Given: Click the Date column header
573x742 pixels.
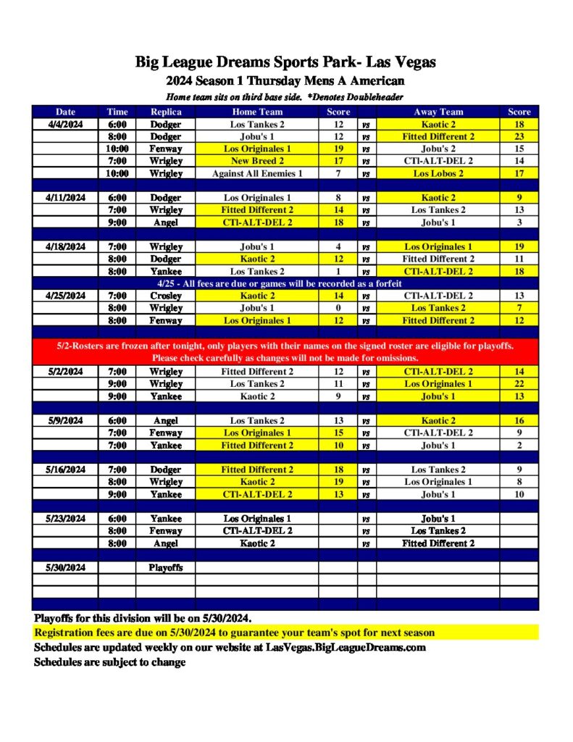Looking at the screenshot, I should point(65,112).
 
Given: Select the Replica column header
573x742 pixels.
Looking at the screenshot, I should point(166,112).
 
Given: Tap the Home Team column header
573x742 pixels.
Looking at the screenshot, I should point(257,112).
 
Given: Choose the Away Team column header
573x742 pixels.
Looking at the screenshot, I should point(438,112).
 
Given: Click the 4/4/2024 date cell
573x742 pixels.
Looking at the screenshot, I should point(65,124).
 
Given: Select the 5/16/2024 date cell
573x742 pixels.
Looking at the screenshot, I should point(65,470).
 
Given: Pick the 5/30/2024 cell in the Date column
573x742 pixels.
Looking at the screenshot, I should point(65,567).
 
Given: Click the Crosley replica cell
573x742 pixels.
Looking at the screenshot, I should point(166,296).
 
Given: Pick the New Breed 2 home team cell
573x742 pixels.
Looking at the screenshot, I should point(257,161).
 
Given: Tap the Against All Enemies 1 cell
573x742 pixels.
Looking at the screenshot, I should point(257,173).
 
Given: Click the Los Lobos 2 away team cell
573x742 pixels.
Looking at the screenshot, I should point(438,173).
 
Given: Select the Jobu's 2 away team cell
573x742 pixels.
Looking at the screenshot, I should point(438,149).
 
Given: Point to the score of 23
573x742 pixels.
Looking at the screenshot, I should point(519,136).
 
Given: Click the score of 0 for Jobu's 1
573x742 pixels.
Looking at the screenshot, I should point(338,308).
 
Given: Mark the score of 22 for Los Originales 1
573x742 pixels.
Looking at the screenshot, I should point(519,384).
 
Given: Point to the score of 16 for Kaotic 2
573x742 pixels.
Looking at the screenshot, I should point(519,420).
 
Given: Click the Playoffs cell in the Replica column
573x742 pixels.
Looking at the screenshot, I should point(166,567).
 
